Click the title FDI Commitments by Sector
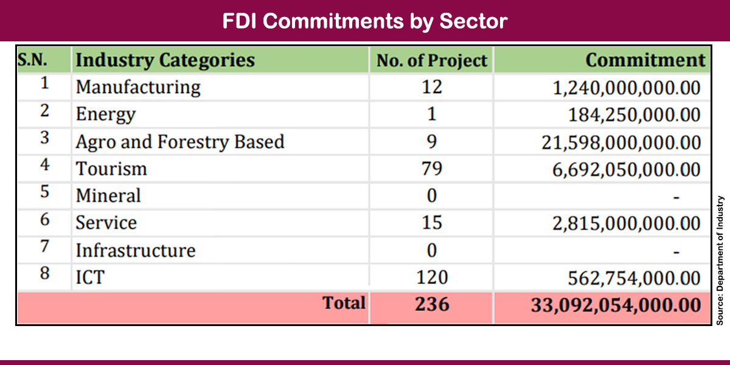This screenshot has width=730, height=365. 364,21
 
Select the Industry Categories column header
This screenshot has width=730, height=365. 165,60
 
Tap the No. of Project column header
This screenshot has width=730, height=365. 431,61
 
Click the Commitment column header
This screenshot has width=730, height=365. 645,60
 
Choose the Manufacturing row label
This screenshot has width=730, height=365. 137,88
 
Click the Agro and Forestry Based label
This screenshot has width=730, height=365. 179,142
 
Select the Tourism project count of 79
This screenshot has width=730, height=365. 431,169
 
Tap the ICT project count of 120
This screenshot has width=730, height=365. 431,277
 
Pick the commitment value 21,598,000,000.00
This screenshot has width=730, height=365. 621,142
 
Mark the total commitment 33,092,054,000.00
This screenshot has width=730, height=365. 616,304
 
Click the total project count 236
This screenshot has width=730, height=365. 432,304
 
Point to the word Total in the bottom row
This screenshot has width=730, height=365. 344,303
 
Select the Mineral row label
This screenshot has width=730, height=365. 108,196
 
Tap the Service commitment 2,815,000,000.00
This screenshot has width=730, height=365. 627,223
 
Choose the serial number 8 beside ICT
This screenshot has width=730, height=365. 44,274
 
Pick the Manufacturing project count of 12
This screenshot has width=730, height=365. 431,88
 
